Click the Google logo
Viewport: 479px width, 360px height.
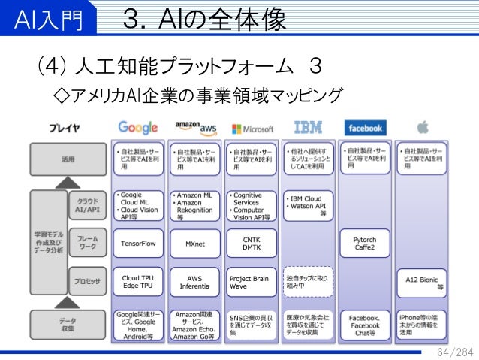pyautogui.click(x=137, y=127)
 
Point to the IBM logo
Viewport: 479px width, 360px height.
pyautogui.click(x=308, y=127)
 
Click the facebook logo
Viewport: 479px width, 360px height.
pyautogui.click(x=364, y=128)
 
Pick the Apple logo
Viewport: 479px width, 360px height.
pyautogui.click(x=422, y=127)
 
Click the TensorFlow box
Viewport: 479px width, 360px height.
pyautogui.click(x=137, y=244)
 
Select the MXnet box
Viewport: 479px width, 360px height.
pyautogui.click(x=194, y=244)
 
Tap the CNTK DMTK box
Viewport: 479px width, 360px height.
pyautogui.click(x=252, y=244)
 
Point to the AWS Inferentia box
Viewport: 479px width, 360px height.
pyautogui.click(x=194, y=282)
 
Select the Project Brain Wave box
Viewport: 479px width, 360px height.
pyautogui.click(x=252, y=282)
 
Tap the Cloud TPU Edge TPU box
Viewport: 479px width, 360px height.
pyautogui.click(x=137, y=282)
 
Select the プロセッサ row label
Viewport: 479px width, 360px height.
pyautogui.click(x=87, y=281)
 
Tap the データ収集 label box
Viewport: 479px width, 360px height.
pyautogui.click(x=68, y=324)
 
